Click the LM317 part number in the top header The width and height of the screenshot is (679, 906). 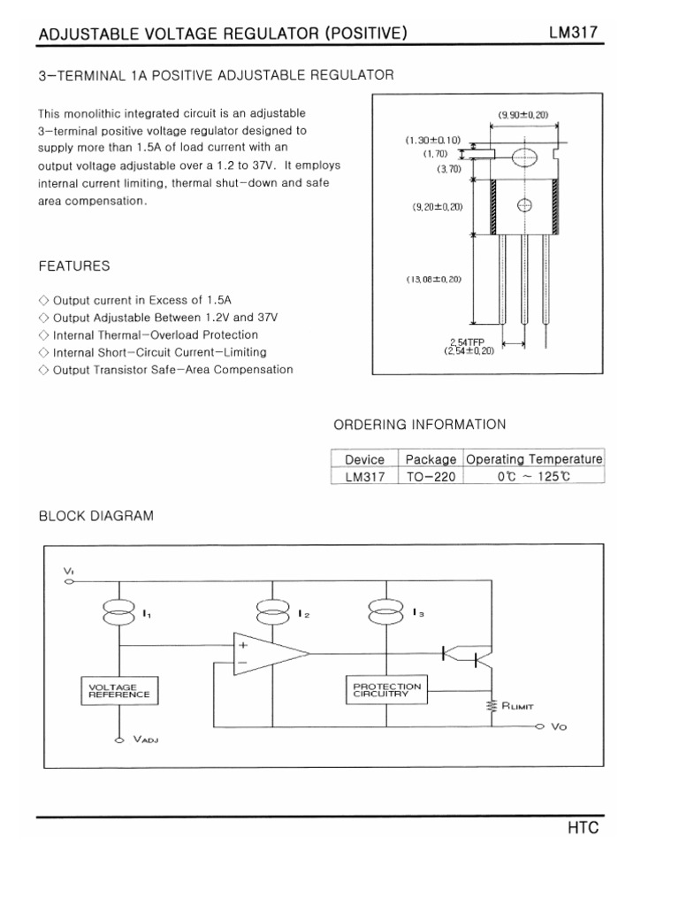575,34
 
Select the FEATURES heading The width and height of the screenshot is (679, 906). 74,265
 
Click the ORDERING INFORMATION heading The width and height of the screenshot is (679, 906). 419,425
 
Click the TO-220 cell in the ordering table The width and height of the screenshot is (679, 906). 431,476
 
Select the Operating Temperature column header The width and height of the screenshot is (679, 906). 534,459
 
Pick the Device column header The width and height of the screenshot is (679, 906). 364,459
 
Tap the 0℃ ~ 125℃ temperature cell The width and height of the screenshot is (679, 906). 534,476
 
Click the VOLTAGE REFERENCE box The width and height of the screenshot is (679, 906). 119,691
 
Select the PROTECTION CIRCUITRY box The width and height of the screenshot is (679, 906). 386,690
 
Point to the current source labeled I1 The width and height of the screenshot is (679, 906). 118,611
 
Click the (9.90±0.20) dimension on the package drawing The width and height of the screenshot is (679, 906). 524,114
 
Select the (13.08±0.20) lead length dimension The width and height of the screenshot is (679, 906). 434,280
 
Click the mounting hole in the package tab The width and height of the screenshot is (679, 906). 524,158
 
